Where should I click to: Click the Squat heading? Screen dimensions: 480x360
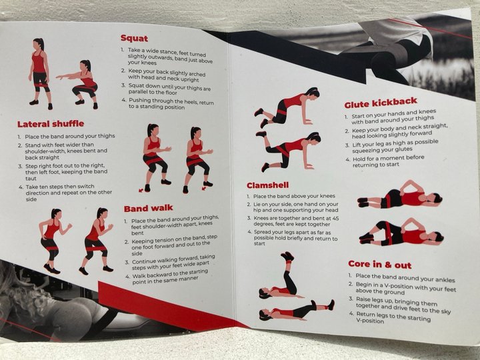(134, 38)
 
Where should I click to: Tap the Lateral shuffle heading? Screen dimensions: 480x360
(51, 124)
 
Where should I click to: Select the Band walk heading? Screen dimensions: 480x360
(149, 209)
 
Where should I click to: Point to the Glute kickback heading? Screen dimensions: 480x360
(381, 103)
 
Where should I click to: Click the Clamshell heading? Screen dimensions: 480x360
(267, 185)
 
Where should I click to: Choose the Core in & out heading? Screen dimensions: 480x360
(379, 265)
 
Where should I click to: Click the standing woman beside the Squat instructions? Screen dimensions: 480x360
(40, 74)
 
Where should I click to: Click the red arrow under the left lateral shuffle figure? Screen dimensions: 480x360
(141, 191)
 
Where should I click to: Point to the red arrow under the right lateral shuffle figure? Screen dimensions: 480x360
(204, 188)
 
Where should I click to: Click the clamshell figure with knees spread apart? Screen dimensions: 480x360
(401, 232)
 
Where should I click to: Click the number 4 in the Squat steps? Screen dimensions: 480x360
(123, 100)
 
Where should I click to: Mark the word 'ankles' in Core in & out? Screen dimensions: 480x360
(445, 280)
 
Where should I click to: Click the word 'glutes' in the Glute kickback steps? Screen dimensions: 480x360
(403, 149)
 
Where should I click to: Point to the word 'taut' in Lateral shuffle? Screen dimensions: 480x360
(31, 179)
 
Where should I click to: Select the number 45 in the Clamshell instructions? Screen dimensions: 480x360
(335, 218)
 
